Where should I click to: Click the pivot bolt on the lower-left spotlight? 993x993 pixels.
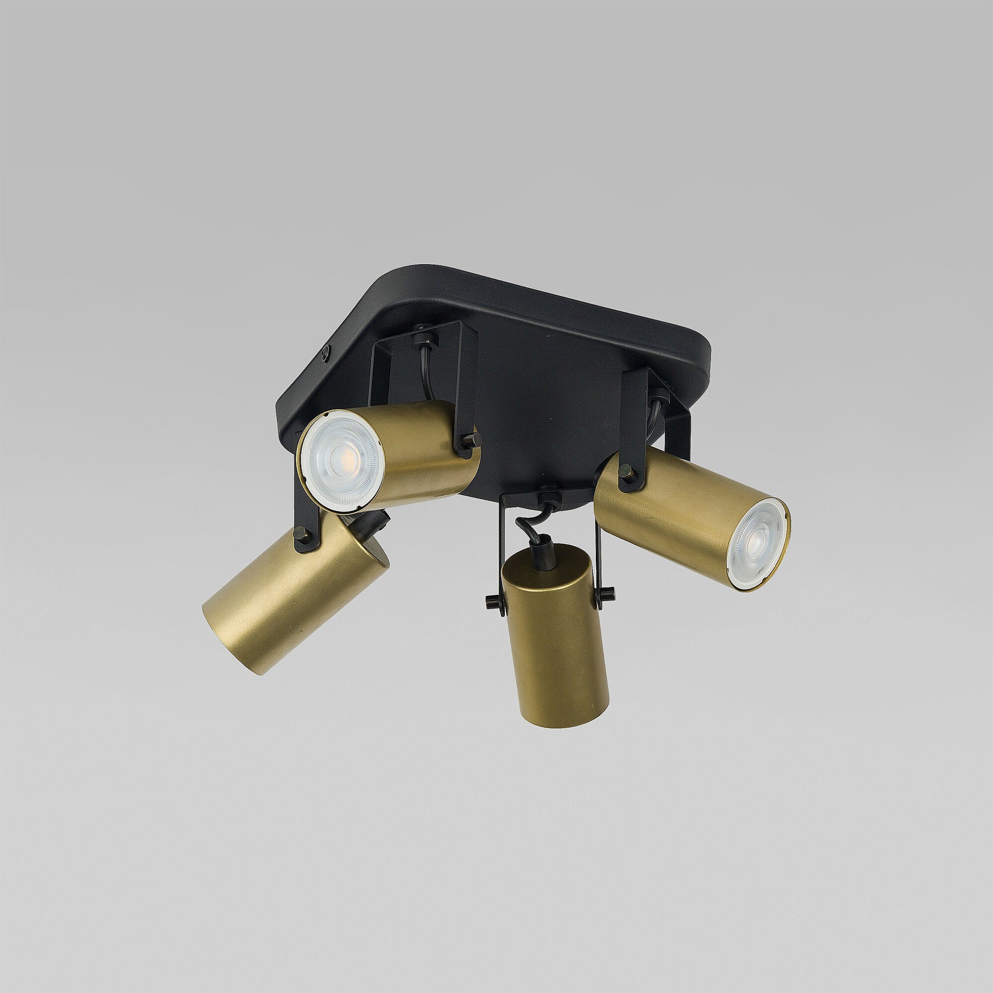[299, 532]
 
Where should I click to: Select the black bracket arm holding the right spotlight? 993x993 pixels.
[636, 414]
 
